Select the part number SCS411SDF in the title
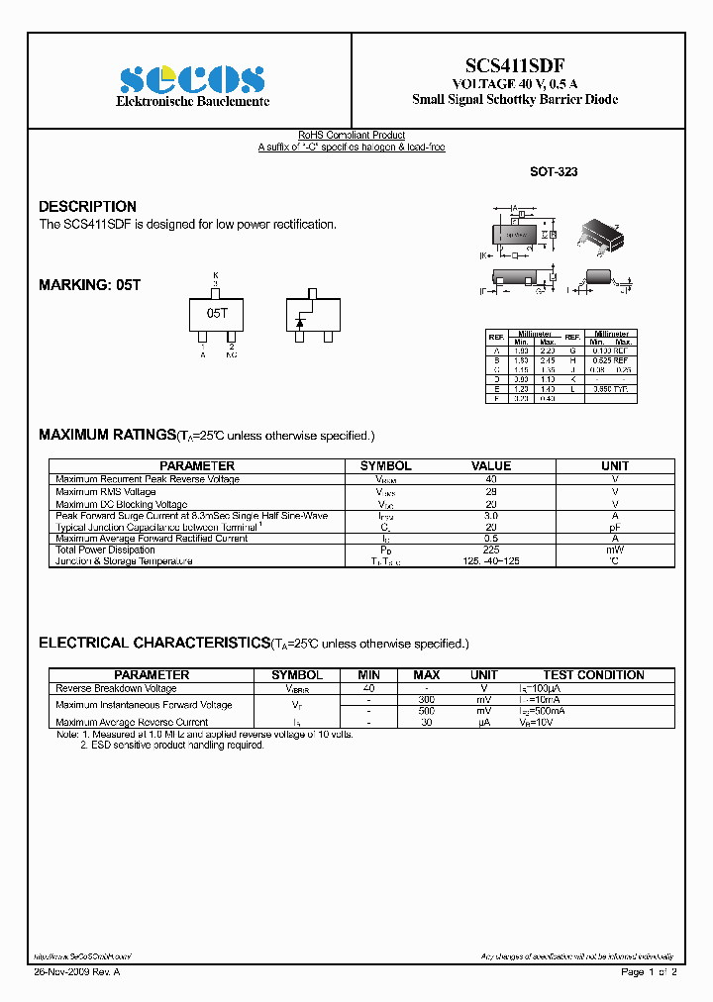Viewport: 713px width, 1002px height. point(516,60)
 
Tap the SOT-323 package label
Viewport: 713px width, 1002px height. point(554,171)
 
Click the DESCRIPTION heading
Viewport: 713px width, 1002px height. point(87,206)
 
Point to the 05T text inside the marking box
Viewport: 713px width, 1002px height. point(217,312)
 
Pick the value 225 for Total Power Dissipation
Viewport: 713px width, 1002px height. point(491,550)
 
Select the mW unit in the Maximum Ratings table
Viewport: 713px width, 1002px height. point(615,550)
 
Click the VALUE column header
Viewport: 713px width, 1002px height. point(491,465)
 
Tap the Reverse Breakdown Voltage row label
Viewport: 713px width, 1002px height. point(116,688)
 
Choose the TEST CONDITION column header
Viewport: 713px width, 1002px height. point(593,675)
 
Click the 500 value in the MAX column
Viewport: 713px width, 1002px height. point(426,711)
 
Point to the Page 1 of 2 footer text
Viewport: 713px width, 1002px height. point(649,972)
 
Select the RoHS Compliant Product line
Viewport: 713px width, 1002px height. point(352,136)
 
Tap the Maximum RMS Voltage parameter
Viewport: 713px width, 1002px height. point(105,491)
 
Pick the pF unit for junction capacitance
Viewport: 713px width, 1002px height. point(615,527)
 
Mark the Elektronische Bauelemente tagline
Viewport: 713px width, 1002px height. point(193,102)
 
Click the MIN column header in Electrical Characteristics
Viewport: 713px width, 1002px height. point(368,675)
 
